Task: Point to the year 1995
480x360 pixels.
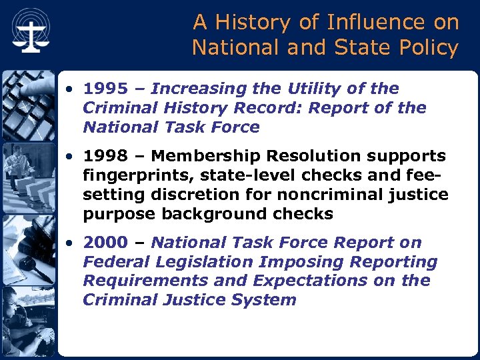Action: [106, 89]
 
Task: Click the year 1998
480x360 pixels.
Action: [106, 156]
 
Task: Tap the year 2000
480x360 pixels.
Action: [106, 243]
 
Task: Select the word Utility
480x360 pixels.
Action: [319, 89]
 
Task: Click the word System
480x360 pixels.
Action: [264, 300]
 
